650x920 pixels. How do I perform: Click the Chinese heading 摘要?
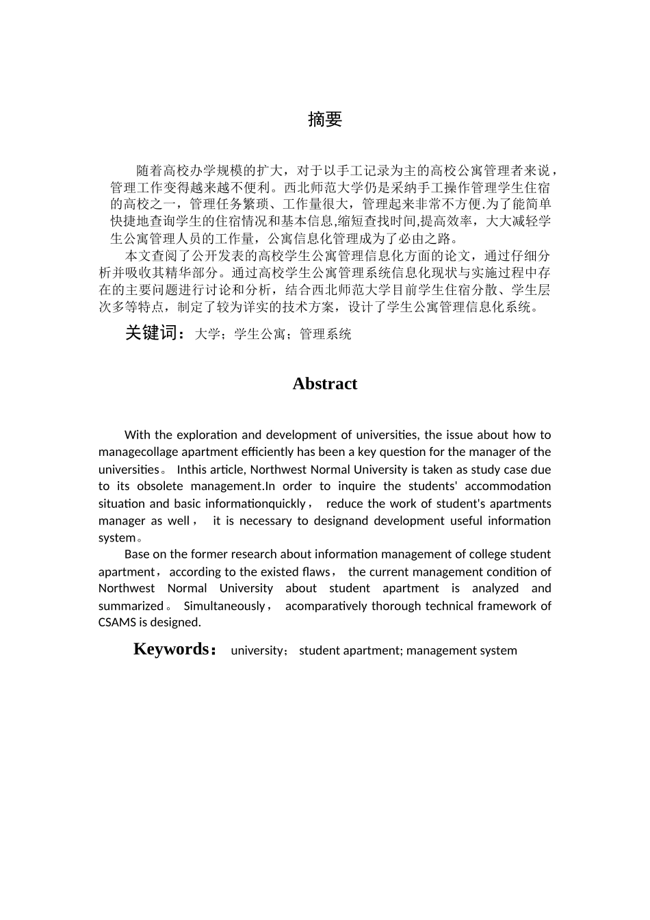[324, 120]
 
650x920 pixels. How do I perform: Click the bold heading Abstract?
[324, 384]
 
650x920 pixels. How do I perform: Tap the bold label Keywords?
[171, 649]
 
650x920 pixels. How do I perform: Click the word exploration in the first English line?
[205, 435]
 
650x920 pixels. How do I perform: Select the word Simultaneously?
[224, 606]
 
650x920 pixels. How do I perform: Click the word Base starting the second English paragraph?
[138, 554]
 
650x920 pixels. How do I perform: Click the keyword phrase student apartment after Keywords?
[349, 650]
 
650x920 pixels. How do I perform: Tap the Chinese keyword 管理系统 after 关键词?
[326, 334]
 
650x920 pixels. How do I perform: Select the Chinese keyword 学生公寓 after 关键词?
[260, 334]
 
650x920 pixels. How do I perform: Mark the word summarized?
[131, 606]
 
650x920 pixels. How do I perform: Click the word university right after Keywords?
[257, 650]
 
